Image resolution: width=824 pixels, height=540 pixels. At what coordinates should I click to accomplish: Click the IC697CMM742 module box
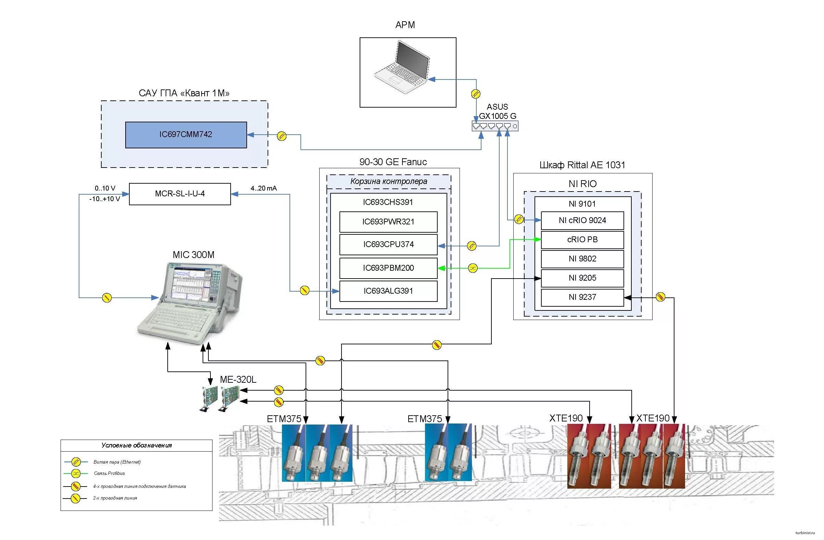coord(186,135)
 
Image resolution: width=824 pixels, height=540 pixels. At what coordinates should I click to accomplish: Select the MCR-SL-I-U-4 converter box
coord(180,194)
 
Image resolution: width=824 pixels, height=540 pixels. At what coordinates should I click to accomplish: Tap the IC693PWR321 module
coord(388,222)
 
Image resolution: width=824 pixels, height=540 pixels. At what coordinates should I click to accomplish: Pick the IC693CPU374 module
coord(388,245)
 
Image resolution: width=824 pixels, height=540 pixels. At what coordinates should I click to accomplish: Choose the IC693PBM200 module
coord(388,268)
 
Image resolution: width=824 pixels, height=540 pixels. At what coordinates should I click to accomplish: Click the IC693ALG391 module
coord(388,291)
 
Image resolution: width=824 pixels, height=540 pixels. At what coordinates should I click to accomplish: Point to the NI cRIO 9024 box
coord(582,220)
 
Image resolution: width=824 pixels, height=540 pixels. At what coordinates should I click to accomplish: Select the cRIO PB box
coord(582,240)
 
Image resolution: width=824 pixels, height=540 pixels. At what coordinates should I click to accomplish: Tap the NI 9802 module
coord(582,259)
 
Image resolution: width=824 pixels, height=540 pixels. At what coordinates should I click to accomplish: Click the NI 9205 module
coord(582,278)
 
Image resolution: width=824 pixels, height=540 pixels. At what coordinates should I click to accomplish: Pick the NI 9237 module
coord(582,297)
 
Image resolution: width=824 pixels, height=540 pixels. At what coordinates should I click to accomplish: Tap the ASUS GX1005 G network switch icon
coord(495,126)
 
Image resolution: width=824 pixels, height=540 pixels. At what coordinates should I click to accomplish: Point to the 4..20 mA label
coord(263,188)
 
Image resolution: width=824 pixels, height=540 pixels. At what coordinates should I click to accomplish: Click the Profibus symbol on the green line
coord(473,268)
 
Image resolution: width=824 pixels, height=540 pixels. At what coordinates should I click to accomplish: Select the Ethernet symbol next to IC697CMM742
coord(282,136)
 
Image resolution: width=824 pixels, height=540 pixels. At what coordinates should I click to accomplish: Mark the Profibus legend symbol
coord(76,474)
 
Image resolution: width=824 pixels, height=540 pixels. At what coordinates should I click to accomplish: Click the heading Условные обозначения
coord(137,446)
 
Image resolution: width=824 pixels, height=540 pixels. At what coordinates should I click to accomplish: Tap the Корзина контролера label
coord(388,181)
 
